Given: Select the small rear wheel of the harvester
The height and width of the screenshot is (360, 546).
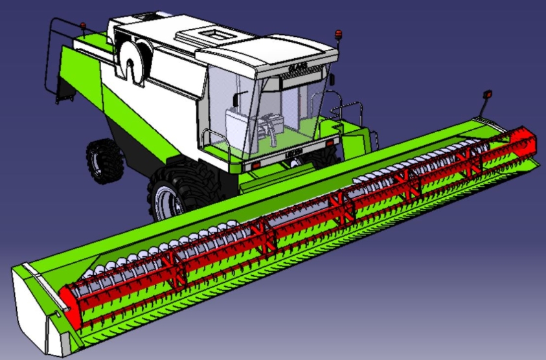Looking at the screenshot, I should [104, 159].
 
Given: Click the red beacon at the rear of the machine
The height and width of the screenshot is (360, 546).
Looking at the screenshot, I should [83, 27].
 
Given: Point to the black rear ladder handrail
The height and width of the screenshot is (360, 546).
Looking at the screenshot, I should [51, 58].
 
